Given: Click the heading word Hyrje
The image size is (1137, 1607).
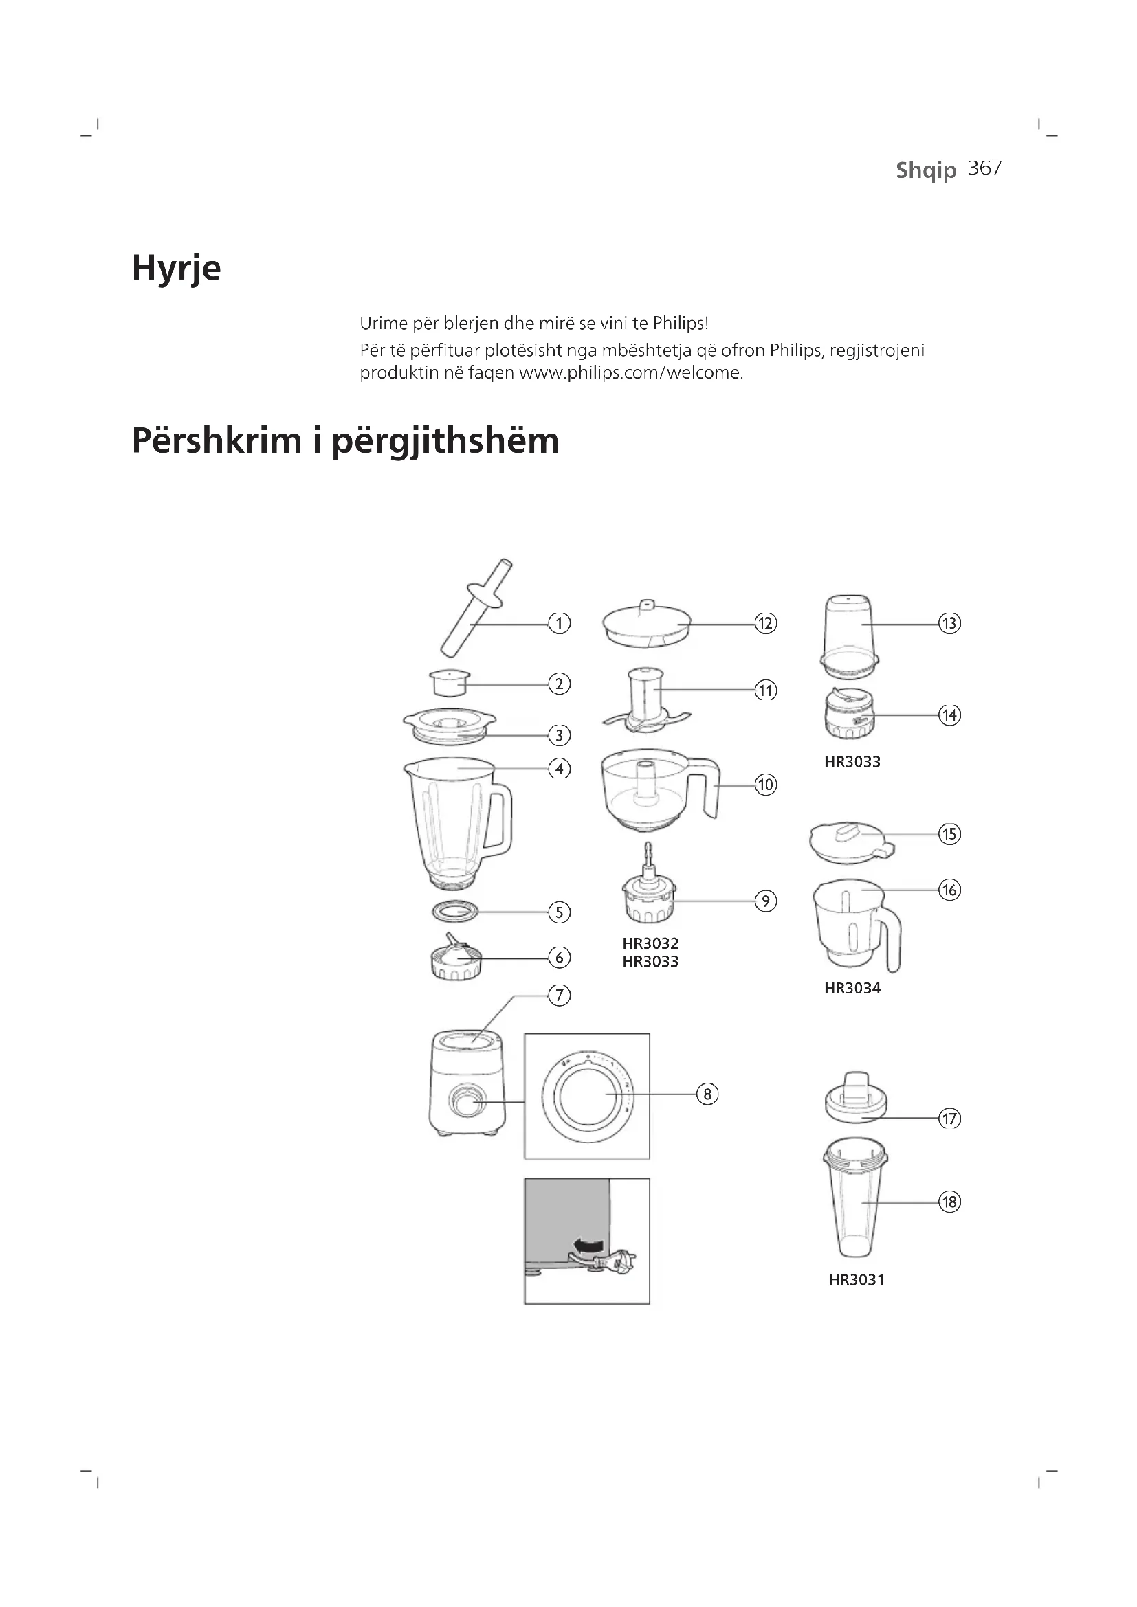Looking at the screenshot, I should point(177,269).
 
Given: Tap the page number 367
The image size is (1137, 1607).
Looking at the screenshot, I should point(984,169).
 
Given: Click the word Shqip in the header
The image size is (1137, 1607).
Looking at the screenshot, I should point(925,170).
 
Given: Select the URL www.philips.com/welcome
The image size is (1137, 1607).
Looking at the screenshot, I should point(630,373).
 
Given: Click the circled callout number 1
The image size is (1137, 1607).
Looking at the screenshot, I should point(559,623).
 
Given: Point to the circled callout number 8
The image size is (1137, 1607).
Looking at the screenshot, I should point(707,1094).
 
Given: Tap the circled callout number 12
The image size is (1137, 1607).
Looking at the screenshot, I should point(765,623).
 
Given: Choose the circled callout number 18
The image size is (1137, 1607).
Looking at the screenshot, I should point(949,1202).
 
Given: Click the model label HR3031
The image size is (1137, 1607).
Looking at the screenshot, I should point(857,1280).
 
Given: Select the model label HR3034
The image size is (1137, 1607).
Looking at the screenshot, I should point(852,988).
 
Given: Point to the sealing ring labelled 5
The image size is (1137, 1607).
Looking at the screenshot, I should point(455,911).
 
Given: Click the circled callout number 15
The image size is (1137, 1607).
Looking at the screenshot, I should point(949,833).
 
